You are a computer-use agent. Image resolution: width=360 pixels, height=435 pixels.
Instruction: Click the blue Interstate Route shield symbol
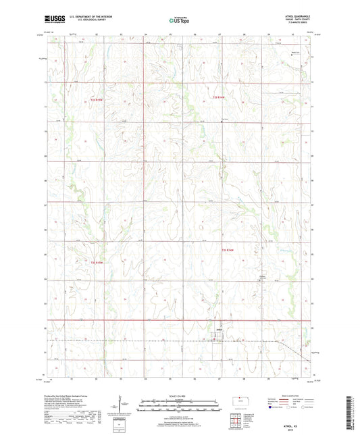coord(271,407)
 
